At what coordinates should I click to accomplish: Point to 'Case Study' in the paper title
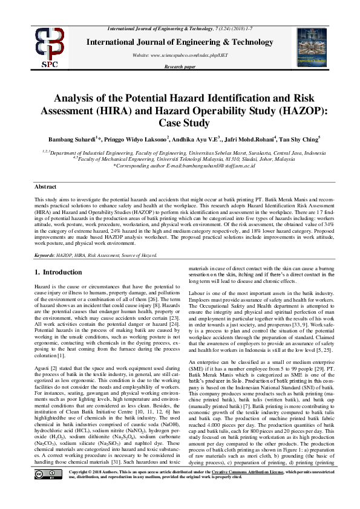pos(180,122)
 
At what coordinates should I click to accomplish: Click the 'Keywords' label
pos(45,256)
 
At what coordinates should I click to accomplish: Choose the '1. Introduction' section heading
pos(59,273)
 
